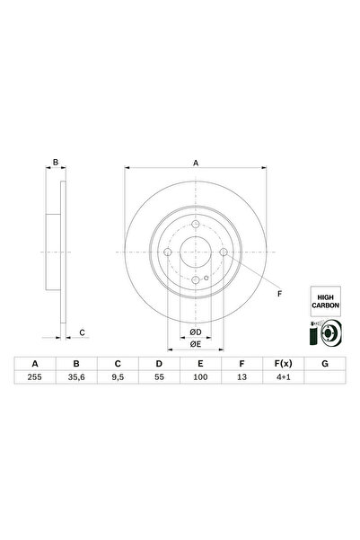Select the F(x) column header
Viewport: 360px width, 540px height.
tap(281, 364)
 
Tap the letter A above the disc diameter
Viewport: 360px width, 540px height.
tap(196, 163)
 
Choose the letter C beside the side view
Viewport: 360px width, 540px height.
tap(81, 333)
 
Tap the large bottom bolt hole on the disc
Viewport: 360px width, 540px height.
tap(196, 282)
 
